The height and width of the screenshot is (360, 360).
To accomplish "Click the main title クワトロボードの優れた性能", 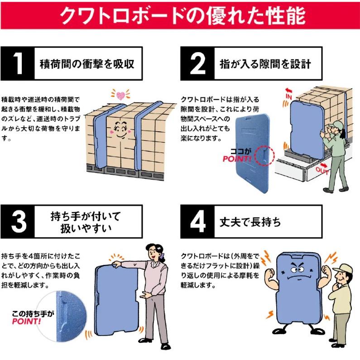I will pos(180,15).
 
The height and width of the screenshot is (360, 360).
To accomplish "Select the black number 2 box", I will pos(197,63).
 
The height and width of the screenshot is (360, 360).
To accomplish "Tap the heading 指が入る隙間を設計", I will pos(265,63).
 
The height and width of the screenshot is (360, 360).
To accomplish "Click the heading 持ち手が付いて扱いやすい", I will pos(86,222).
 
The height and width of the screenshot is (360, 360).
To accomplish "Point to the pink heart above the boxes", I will pos(120,96).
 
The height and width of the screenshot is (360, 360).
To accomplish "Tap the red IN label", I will pos(288,96).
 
